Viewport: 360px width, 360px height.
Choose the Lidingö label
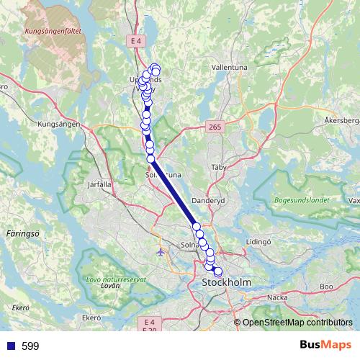point(258,242)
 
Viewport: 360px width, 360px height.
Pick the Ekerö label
point(91,317)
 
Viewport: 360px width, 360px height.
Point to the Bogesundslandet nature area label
point(301,200)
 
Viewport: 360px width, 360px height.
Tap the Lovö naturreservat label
point(116,279)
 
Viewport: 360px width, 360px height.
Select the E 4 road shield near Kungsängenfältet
point(137,42)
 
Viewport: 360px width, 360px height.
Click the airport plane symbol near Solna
point(160,252)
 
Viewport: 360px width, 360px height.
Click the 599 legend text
point(30,346)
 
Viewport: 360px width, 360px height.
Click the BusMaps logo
point(325,346)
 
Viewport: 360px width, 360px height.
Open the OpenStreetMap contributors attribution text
point(297,323)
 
